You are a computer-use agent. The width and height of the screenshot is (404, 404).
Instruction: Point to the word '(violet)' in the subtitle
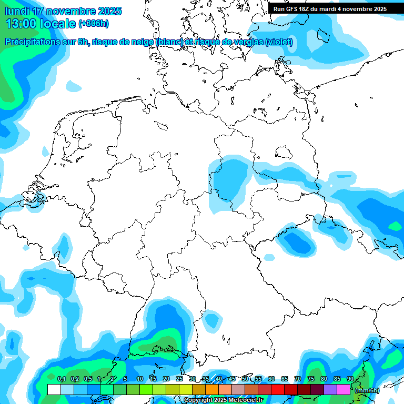point(279,42)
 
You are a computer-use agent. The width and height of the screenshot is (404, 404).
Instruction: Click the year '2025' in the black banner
point(376,9)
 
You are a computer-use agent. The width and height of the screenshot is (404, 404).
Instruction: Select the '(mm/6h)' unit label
point(367,390)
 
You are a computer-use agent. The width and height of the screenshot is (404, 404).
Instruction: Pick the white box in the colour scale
point(54,390)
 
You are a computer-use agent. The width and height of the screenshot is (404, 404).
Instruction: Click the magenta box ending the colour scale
point(344,390)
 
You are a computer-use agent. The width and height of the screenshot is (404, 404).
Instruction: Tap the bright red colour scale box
point(278,390)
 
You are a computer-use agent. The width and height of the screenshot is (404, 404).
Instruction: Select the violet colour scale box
point(330,390)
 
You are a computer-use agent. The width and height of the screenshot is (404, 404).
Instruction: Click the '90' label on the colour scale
point(350,379)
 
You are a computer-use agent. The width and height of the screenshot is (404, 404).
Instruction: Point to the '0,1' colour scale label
point(61,379)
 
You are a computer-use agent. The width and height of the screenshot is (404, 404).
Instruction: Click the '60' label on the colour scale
point(271,379)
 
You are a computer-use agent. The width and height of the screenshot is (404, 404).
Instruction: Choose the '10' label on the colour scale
point(139,379)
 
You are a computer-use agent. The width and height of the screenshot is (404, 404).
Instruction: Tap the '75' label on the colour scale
point(310,379)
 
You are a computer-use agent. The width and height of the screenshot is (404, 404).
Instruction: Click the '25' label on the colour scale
point(179,379)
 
